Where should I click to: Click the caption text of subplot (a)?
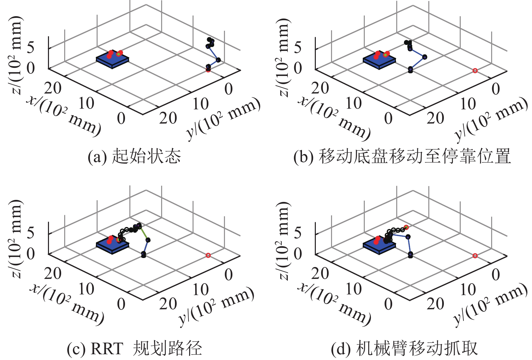[134, 156]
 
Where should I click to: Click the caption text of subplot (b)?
[402, 156]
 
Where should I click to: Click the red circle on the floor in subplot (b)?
[475, 71]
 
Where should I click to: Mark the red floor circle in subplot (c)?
[208, 256]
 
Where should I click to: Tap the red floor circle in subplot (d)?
[475, 256]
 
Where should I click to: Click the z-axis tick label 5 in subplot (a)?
[30, 48]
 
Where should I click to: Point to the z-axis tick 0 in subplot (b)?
[298, 68]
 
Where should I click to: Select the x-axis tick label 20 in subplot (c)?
[53, 273]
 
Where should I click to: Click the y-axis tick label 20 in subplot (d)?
[435, 304]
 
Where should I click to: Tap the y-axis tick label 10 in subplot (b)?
[468, 104]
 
